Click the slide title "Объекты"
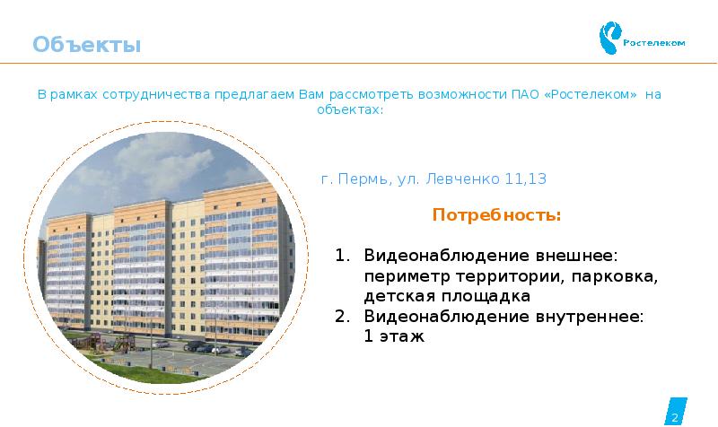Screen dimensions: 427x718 pos(87,44)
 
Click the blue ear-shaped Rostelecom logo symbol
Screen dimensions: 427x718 pos(611,39)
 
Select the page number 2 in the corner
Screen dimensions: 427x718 pos(674,417)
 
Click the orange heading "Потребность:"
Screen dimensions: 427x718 pos(496,215)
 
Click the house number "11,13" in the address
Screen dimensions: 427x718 pos(526,179)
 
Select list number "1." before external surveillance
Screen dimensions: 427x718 pos(342,256)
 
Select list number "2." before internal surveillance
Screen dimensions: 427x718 pos(342,316)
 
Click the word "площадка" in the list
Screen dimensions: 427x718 pos(486,295)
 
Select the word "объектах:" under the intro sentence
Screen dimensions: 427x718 pos(350,109)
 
